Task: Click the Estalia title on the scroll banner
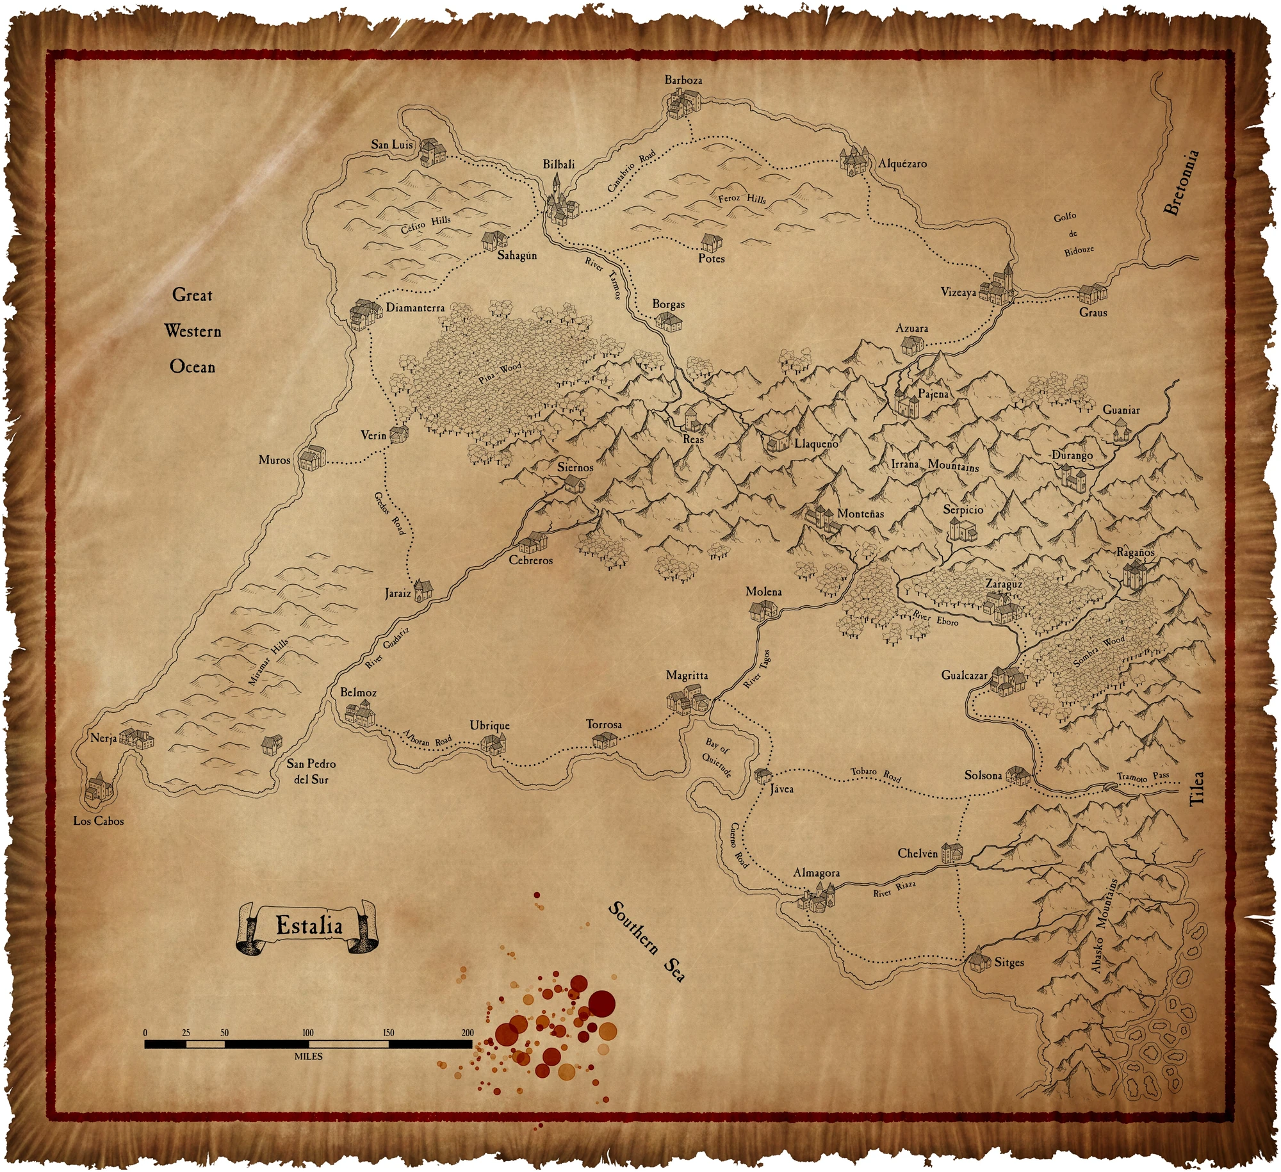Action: [309, 925]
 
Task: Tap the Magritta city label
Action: [687, 675]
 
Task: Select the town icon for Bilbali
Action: [560, 203]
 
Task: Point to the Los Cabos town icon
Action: [99, 787]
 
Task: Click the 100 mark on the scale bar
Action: [308, 1032]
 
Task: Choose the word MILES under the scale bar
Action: [308, 1057]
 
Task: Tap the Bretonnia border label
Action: [1181, 183]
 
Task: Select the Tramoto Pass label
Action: [1143, 777]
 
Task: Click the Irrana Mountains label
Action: [935, 465]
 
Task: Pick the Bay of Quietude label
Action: [717, 757]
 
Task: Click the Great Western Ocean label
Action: [192, 331]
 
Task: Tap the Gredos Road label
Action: [389, 512]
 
